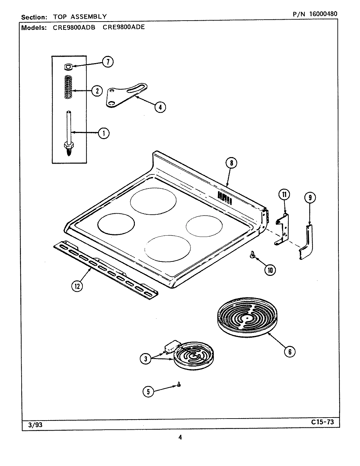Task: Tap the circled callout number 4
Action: click(160, 107)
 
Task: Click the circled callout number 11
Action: click(284, 195)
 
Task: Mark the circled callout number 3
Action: click(146, 359)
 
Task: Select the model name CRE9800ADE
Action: click(123, 27)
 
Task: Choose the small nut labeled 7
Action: click(68, 67)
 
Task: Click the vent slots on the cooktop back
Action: click(225, 198)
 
